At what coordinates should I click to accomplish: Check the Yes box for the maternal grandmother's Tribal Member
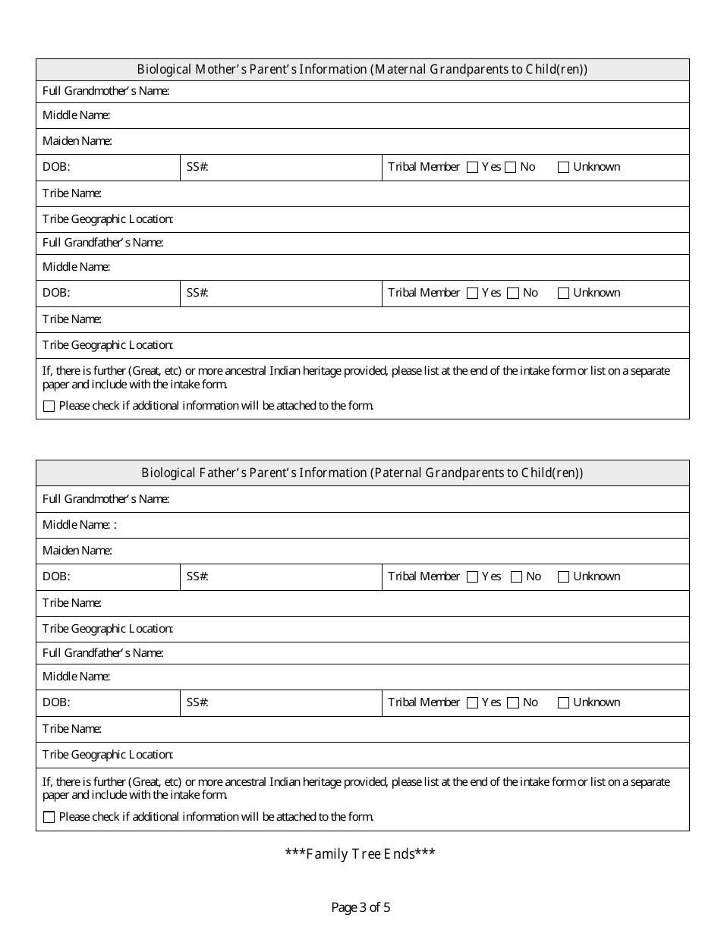[472, 168]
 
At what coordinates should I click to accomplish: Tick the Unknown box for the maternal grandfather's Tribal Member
[563, 294]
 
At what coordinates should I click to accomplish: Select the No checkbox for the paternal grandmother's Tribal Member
[516, 577]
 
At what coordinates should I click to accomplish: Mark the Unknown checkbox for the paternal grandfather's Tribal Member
[563, 703]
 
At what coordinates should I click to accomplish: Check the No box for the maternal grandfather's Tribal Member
[512, 294]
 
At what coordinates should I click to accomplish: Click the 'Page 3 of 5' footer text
[360, 906]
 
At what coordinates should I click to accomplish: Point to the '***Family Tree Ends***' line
[360, 854]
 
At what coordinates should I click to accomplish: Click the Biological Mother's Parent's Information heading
[362, 70]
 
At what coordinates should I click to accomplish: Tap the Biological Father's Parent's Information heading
[362, 473]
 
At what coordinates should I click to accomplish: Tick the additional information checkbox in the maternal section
[49, 407]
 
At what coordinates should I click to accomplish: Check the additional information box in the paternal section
[49, 818]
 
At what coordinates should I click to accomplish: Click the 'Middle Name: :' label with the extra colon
[80, 525]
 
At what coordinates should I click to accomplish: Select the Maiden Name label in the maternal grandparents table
[77, 141]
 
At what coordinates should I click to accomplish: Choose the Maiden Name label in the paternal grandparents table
[77, 551]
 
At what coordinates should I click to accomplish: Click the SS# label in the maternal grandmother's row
[197, 167]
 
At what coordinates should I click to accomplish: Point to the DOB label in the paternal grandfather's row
[56, 702]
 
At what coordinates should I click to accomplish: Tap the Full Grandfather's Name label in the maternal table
[103, 243]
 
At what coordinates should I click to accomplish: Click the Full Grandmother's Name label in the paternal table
[105, 499]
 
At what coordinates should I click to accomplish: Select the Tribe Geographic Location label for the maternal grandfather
[108, 345]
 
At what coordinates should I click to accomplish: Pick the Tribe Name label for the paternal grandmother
[72, 603]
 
